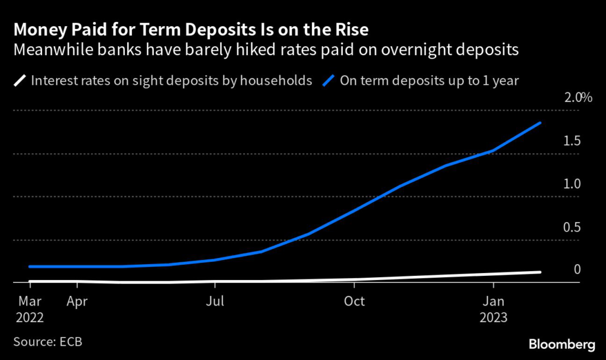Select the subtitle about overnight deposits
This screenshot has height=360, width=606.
266,50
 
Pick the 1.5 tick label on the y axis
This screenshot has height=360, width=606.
572,142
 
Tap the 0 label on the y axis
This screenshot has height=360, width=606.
577,270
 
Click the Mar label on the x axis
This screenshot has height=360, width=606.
30,301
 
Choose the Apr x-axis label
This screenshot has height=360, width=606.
77,301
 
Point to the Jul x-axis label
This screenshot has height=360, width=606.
215,301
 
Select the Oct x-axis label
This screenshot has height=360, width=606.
354,301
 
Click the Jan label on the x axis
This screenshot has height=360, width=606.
494,301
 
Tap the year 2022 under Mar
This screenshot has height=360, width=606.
30,317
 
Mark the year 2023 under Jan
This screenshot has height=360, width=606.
494,317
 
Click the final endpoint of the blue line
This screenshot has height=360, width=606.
540,123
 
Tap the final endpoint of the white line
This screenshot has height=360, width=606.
540,272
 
